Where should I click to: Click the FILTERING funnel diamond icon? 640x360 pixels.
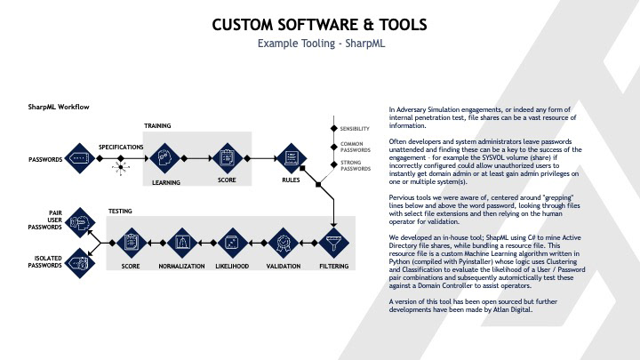click(333, 240)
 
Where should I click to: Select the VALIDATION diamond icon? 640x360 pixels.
click(283, 240)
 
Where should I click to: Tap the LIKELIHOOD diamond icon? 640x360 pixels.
click(231, 240)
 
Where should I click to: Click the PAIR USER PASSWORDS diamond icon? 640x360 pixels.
click(79, 219)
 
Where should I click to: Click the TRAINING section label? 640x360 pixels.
click(157, 126)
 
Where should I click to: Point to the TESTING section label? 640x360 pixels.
click(121, 211)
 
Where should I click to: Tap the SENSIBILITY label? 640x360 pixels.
click(355, 130)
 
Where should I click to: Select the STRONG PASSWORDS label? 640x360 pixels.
click(355, 165)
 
